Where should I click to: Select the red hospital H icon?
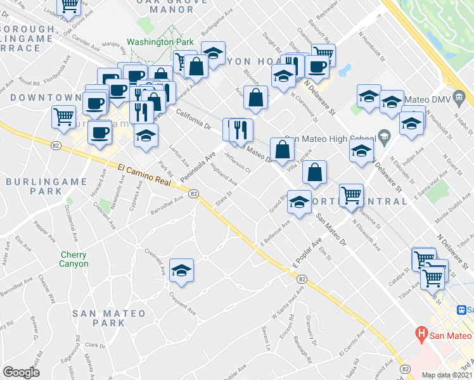tap(420, 332)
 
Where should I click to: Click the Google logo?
tap(21, 372)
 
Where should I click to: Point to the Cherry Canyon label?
tap(74, 259)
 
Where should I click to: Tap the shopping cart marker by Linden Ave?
tap(70, 5)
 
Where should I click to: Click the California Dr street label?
tap(193, 118)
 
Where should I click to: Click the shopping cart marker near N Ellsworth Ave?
tap(350, 194)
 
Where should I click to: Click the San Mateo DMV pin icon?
tap(464, 98)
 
